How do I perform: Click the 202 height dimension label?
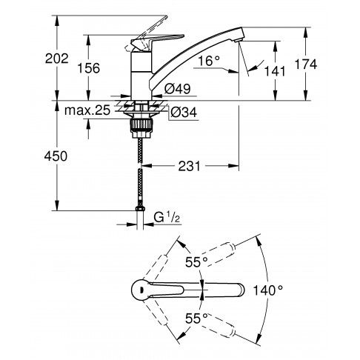[x=56, y=59]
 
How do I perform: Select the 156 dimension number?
[x=89, y=68]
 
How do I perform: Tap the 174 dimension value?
[x=306, y=64]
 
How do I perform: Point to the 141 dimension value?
[x=275, y=71]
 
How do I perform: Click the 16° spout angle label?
[x=209, y=61]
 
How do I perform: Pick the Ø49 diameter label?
[x=178, y=89]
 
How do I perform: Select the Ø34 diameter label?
[x=184, y=113]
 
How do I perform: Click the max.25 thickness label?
[x=87, y=110]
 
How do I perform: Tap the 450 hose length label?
[x=56, y=156]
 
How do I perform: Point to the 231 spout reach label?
[x=190, y=166]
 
